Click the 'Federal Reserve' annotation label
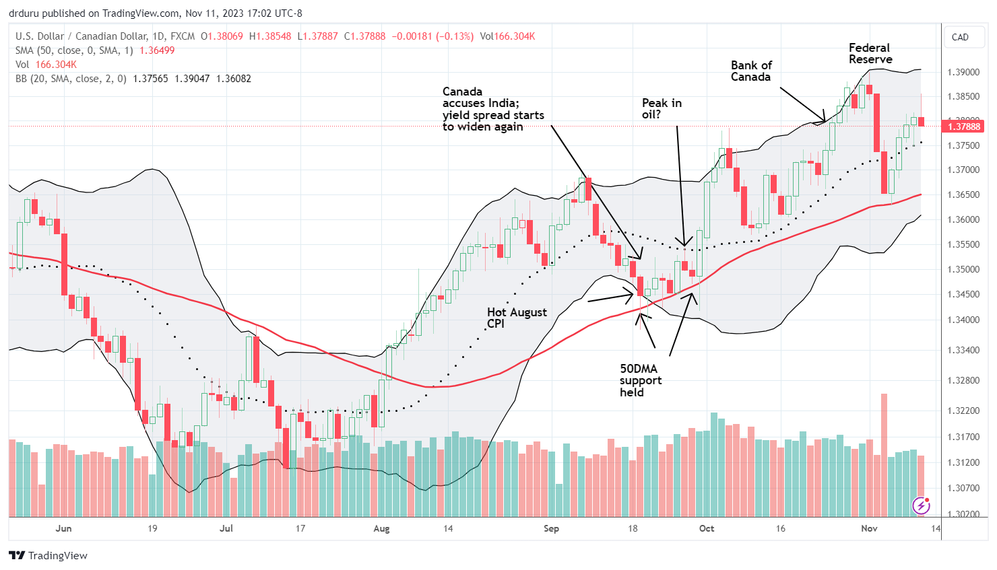point(870,54)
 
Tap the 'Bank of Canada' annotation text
point(751,71)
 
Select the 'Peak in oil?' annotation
point(661,108)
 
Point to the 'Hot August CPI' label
point(517,318)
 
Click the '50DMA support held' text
point(640,380)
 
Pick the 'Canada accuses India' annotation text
point(492,109)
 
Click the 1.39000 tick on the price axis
point(963,72)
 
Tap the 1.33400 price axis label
point(963,350)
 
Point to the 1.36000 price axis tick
point(963,219)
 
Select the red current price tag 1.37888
point(965,127)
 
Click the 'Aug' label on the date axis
point(381,528)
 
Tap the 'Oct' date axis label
point(707,528)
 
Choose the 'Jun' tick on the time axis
point(63,528)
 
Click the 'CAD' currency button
point(960,37)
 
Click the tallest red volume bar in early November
point(884,454)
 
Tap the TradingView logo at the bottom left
point(49,555)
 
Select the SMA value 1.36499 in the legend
point(157,50)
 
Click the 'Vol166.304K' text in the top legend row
point(507,36)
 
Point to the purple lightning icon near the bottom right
point(921,505)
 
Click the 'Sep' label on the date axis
point(551,528)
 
